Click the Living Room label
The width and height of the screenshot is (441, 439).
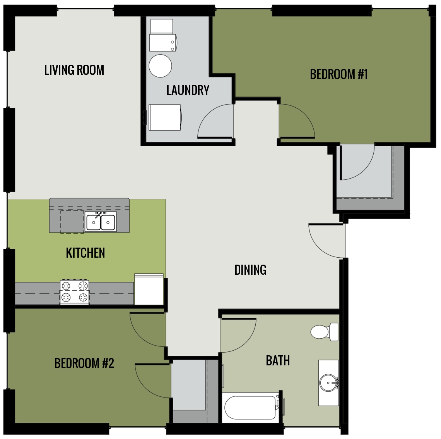point(74,70)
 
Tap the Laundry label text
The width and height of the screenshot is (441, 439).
point(188,90)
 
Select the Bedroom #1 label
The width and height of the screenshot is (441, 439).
point(339,74)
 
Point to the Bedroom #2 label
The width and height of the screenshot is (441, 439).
point(84,363)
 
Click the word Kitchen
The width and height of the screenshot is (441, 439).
point(85,253)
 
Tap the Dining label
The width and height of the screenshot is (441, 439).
point(250,270)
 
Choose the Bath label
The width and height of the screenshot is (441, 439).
point(278,361)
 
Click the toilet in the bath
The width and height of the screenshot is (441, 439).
point(323,332)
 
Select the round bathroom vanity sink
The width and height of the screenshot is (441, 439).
point(329,383)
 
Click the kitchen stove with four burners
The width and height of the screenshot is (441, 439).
point(74,292)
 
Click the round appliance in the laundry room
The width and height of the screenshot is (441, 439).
point(160,66)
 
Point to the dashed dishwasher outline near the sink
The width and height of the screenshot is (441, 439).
point(72,222)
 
